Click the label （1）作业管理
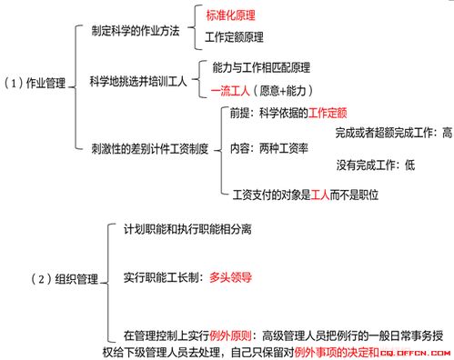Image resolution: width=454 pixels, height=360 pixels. [36, 83]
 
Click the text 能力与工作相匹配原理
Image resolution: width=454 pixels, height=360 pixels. [261, 68]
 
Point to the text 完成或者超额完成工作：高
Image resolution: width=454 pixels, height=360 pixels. [393, 133]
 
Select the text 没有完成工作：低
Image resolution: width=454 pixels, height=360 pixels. [375, 165]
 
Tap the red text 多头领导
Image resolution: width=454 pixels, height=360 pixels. [230, 277]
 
